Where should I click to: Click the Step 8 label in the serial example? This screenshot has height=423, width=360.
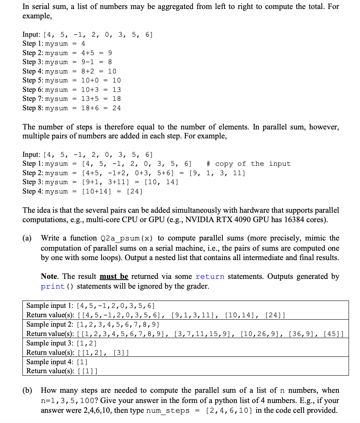(x=32, y=108)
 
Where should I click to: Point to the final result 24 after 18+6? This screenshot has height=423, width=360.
(x=116, y=108)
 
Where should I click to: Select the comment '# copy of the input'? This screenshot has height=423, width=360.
(x=249, y=164)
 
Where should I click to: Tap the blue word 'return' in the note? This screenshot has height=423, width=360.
(x=210, y=277)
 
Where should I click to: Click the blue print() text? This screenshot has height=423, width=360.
(x=58, y=286)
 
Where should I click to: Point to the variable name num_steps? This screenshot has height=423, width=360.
(x=168, y=411)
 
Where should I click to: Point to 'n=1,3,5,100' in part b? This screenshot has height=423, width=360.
(x=66, y=401)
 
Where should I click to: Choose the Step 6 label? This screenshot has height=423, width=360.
(x=32, y=89)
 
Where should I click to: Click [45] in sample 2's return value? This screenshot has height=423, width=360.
(x=333, y=334)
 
